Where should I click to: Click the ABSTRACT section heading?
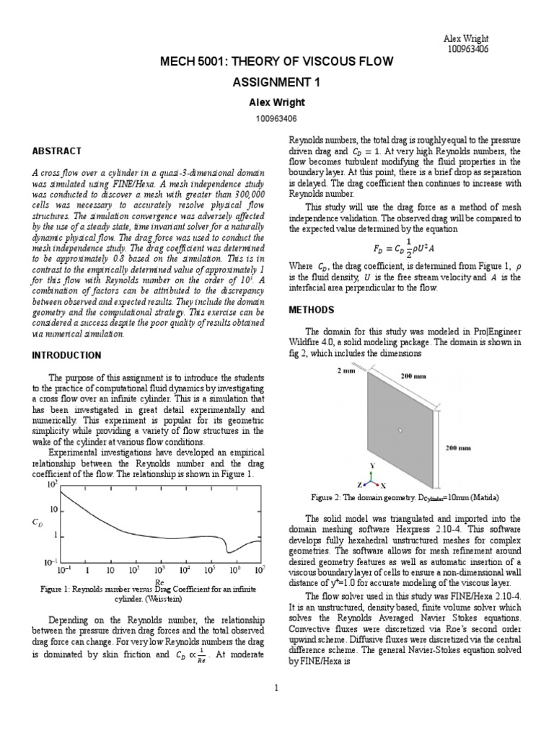click(x=57, y=151)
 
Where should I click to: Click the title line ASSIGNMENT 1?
click(x=276, y=82)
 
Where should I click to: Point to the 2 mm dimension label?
click(x=345, y=370)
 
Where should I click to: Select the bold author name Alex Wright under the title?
click(x=276, y=102)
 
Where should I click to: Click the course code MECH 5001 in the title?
click(x=192, y=62)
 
